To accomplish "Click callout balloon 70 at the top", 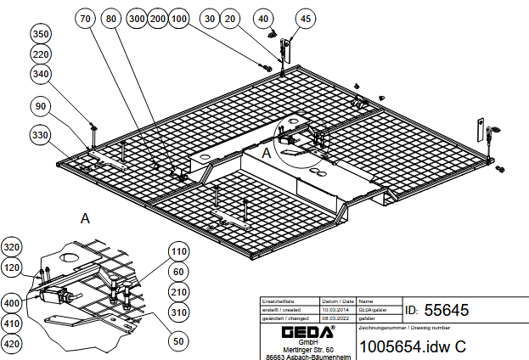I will (86, 18).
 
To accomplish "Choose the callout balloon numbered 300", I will (136, 18).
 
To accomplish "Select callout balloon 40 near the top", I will (263, 18).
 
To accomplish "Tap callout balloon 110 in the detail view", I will (178, 251).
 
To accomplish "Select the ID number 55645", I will (446, 310).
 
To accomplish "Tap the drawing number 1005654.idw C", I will (414, 346).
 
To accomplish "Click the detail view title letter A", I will (85, 218).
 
